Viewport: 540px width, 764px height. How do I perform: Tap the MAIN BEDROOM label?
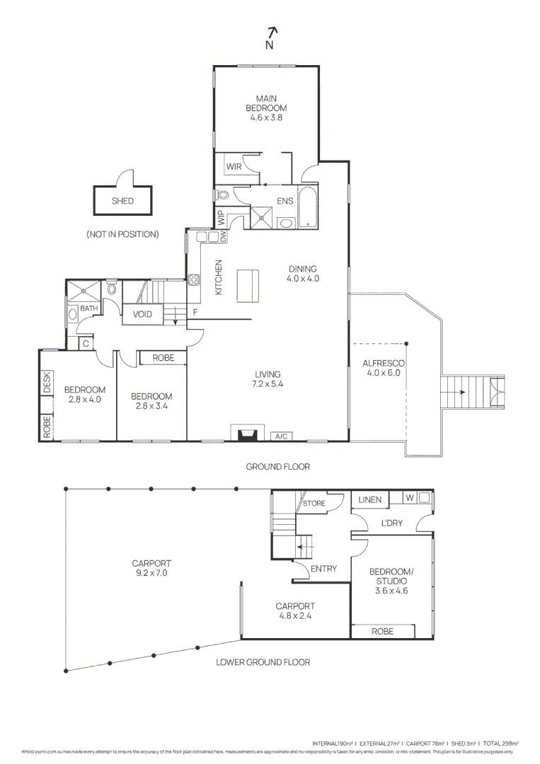266,108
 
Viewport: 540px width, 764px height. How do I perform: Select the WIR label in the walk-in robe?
234,167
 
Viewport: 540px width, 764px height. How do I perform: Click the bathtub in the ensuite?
308,207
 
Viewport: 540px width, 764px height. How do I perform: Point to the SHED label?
122,201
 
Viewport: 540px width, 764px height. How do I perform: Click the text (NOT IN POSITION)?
122,234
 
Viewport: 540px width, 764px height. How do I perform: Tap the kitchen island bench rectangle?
246,284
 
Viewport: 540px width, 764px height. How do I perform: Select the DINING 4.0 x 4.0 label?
303,274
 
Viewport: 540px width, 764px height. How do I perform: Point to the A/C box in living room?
281,436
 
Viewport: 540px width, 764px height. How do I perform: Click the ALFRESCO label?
383,368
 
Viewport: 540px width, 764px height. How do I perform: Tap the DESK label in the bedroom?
47,383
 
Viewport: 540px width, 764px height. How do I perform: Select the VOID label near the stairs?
142,315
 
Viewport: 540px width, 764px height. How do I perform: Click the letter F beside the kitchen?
195,312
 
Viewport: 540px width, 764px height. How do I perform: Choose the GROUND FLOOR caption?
277,467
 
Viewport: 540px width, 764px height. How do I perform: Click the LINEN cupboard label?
369,500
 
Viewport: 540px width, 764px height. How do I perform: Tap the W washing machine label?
409,498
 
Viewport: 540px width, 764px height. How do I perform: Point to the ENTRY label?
323,569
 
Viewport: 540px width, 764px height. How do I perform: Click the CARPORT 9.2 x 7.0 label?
151,569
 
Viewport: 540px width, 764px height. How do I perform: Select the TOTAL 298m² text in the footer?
502,743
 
